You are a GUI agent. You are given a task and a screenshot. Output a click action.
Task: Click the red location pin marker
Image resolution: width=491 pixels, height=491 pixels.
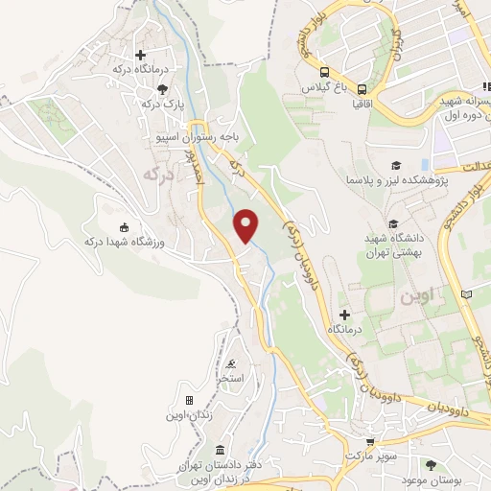(247, 225)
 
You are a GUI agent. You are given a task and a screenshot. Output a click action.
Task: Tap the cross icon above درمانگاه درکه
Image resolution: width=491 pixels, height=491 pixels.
(141, 55)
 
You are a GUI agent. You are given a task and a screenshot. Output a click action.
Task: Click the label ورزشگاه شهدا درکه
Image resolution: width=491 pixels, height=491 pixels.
(127, 241)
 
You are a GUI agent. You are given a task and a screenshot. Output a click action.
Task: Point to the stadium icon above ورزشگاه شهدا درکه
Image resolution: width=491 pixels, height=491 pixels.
(124, 227)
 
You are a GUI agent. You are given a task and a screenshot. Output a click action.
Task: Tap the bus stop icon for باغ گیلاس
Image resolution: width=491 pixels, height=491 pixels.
(324, 72)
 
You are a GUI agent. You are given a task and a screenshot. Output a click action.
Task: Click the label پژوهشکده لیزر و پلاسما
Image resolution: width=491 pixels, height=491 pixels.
(390, 179)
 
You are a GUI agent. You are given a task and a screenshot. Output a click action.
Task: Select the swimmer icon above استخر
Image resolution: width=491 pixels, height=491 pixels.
(231, 364)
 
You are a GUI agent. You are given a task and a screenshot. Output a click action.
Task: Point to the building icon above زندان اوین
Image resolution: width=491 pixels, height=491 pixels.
(188, 400)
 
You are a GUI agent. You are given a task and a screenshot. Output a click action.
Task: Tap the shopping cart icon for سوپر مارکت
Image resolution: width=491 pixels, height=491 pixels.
(368, 439)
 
